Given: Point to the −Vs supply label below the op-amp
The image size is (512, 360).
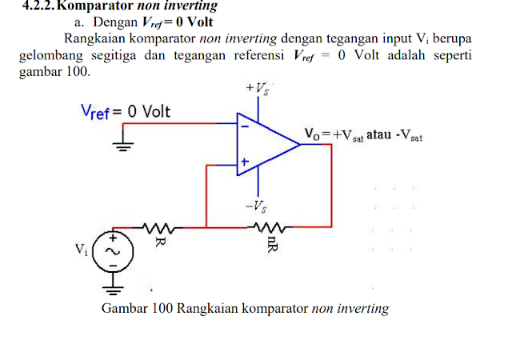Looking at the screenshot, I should (258, 206).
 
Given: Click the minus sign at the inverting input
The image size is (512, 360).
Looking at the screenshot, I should (245, 126).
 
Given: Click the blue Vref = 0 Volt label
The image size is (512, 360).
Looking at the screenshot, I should (126, 111).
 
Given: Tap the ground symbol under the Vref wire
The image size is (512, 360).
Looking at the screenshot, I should (122, 146).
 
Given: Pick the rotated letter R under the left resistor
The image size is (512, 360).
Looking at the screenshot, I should (159, 241).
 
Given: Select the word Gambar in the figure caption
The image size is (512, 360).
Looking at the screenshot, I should (122, 309).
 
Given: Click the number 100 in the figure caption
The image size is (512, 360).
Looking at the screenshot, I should (160, 309).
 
